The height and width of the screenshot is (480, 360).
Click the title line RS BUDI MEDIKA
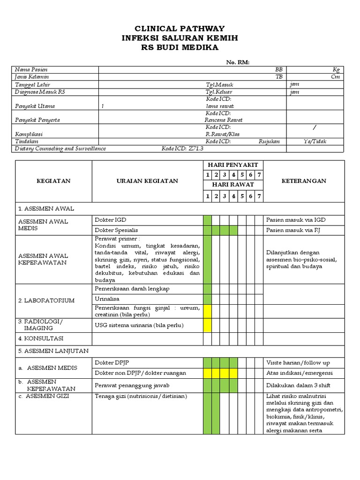(180, 47)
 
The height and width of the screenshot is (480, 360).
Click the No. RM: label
(238, 62)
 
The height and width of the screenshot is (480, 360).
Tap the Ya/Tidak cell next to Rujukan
(315, 141)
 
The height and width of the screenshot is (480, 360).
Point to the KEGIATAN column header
(54, 181)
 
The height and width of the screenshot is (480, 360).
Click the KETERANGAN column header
(304, 181)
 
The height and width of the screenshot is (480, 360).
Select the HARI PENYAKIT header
(233, 165)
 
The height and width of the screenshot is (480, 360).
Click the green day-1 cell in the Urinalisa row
(207, 299)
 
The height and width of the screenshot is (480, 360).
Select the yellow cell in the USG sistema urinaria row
(207, 325)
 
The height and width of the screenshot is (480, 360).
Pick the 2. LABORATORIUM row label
(46, 300)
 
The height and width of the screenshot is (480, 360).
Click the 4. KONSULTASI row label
(41, 338)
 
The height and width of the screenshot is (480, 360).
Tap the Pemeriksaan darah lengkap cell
(132, 289)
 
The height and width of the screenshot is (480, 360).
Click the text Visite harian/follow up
(298, 362)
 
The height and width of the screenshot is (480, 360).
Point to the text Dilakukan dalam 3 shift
(298, 385)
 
